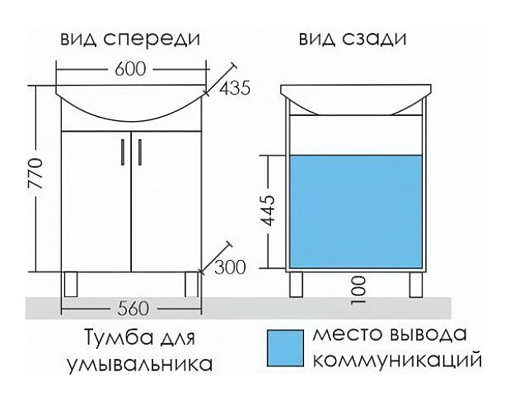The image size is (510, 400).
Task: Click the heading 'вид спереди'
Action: coord(131,39)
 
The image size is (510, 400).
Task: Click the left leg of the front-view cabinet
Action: coord(70,284)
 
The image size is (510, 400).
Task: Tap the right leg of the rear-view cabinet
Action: coord(414,284)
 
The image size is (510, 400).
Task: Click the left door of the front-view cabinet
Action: coord(95,202)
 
